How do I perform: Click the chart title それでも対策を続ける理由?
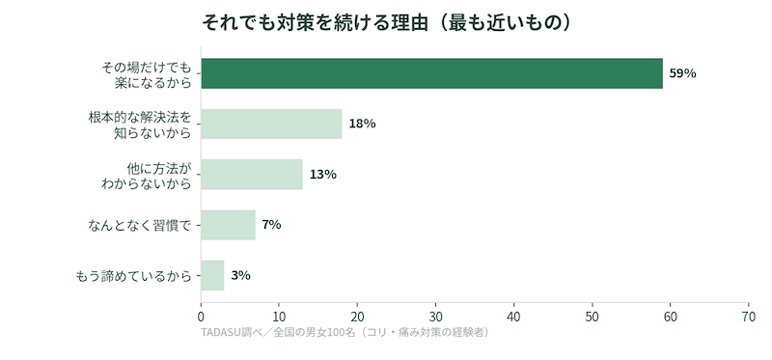(316, 23)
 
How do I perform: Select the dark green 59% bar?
(431, 73)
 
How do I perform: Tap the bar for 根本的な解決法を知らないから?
(271, 124)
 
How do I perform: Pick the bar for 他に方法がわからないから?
(252, 175)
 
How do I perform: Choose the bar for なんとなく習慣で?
(228, 225)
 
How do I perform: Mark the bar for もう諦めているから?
(212, 275)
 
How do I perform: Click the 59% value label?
(682, 74)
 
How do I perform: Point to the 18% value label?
(363, 125)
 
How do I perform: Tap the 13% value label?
(323, 175)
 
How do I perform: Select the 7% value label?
(271, 225)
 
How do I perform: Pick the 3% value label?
(240, 276)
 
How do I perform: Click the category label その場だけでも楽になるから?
(146, 74)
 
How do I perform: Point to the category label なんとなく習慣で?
(139, 226)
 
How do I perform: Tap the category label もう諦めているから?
(133, 276)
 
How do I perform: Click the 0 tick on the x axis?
(201, 317)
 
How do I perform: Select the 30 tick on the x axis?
(436, 317)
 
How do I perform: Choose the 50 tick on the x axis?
(593, 317)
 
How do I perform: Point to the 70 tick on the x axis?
(749, 317)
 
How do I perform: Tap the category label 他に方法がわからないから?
(146, 176)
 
